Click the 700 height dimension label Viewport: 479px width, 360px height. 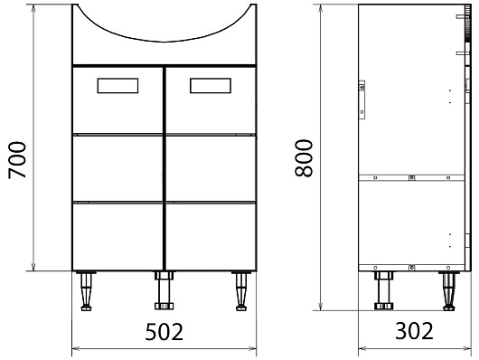(17, 160)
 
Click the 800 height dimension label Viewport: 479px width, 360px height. (304, 157)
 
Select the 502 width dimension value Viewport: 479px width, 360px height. (164, 332)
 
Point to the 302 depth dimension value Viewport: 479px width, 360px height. (414, 331)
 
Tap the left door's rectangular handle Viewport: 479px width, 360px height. (117, 86)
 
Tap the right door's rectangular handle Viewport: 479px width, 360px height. (211, 86)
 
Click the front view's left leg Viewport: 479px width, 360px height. (86, 290)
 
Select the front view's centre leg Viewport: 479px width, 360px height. (164, 290)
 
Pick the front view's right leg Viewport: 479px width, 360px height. (241, 290)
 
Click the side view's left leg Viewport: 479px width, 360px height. (384, 290)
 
